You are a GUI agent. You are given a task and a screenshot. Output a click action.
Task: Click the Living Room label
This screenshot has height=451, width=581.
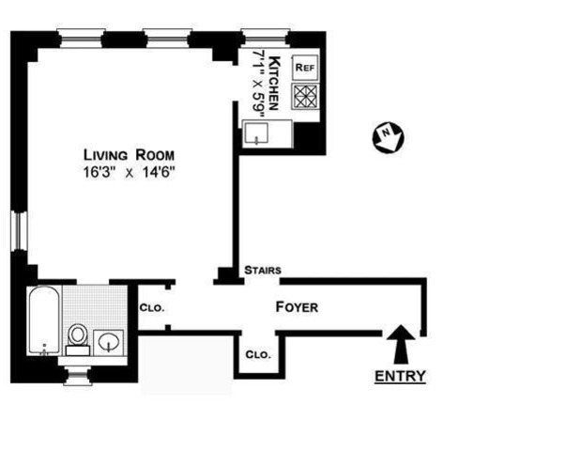[x=129, y=155]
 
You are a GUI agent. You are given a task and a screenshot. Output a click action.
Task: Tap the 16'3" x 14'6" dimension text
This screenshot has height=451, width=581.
[x=129, y=172]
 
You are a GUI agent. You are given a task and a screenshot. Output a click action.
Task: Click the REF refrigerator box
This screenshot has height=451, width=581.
[x=305, y=68]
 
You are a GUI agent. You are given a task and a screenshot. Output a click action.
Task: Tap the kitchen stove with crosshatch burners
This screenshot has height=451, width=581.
[x=306, y=97]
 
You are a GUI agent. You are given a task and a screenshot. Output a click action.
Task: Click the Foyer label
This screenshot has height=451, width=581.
[x=297, y=307]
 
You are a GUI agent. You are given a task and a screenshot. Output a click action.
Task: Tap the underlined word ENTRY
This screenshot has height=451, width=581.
[x=401, y=377]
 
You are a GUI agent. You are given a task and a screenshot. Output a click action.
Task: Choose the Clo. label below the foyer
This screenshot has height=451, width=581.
[x=257, y=355]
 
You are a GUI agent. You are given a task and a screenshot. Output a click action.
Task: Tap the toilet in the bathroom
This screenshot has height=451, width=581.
[x=79, y=335]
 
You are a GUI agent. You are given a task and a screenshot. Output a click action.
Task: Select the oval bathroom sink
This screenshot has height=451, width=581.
[x=111, y=339]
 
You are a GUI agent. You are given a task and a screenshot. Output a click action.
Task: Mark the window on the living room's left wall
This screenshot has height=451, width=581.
[x=16, y=232]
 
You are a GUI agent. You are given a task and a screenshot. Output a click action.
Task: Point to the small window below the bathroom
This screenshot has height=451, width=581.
[x=78, y=377]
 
